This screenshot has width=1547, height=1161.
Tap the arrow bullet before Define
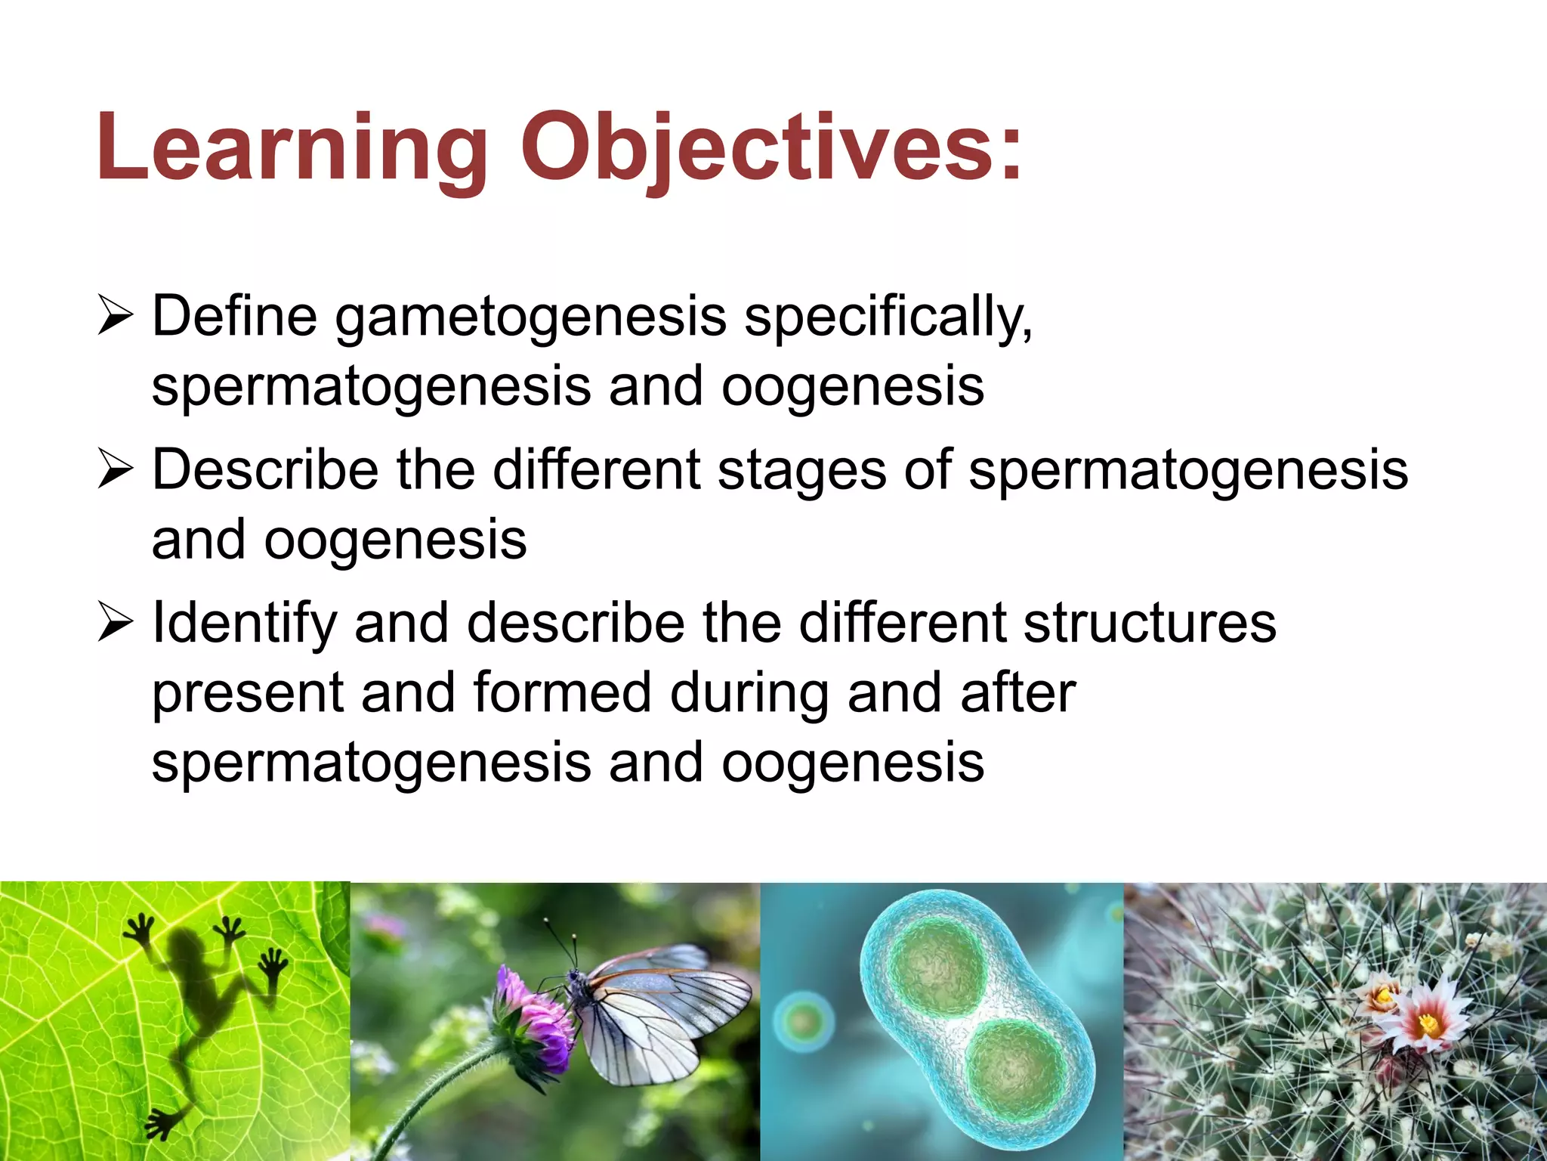[x=116, y=317]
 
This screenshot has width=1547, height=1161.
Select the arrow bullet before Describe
[x=116, y=471]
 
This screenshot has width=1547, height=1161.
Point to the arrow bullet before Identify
[x=116, y=624]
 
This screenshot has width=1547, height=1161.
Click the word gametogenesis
[x=530, y=317]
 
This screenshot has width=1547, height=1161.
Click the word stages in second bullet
[x=801, y=470]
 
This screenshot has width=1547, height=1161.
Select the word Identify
[x=243, y=624]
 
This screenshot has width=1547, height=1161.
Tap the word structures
[x=1149, y=623]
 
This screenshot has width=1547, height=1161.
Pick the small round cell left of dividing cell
[x=804, y=1022]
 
